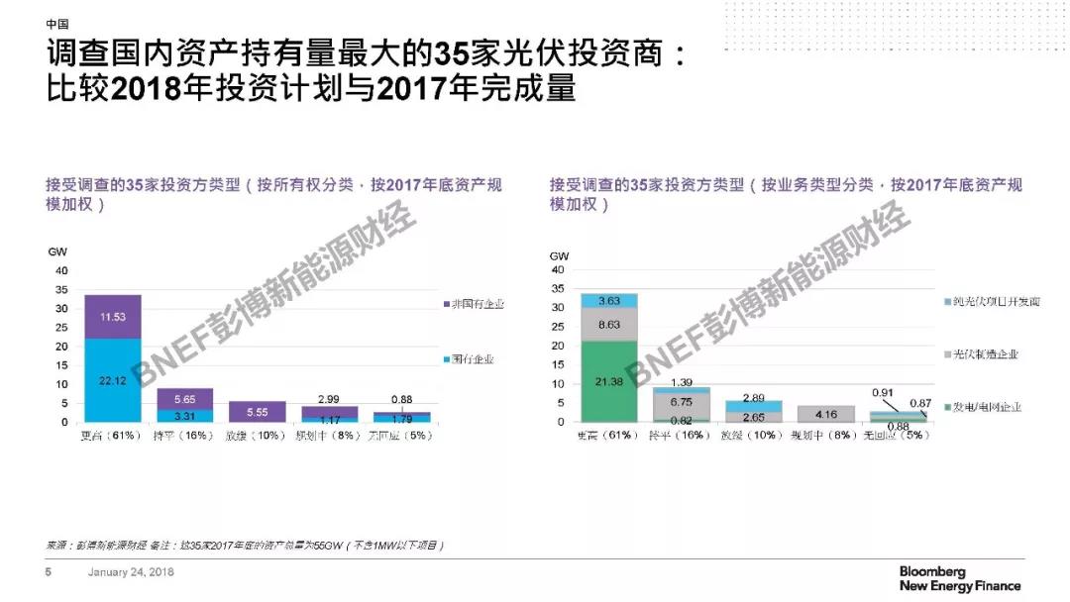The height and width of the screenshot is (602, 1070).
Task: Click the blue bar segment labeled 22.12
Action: (112, 380)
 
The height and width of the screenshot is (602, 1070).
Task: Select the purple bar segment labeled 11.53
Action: (112, 316)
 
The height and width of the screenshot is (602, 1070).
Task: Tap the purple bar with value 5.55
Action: (257, 411)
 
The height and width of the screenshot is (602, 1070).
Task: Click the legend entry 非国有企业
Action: (472, 304)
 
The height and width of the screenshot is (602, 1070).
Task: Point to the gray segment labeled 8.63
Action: (608, 324)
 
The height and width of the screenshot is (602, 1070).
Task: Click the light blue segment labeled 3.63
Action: (608, 300)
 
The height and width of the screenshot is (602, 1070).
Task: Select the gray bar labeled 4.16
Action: (825, 414)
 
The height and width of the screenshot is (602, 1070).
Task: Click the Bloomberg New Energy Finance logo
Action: (959, 579)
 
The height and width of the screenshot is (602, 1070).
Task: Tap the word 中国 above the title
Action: (58, 23)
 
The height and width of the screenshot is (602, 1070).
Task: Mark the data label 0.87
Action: (920, 404)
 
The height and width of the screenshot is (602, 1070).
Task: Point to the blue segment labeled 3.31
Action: (184, 416)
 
